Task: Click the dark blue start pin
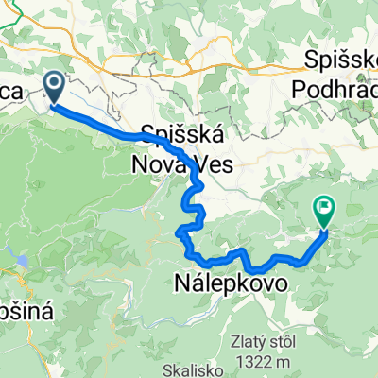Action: pos(53,90)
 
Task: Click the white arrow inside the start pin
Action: pos(53,87)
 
